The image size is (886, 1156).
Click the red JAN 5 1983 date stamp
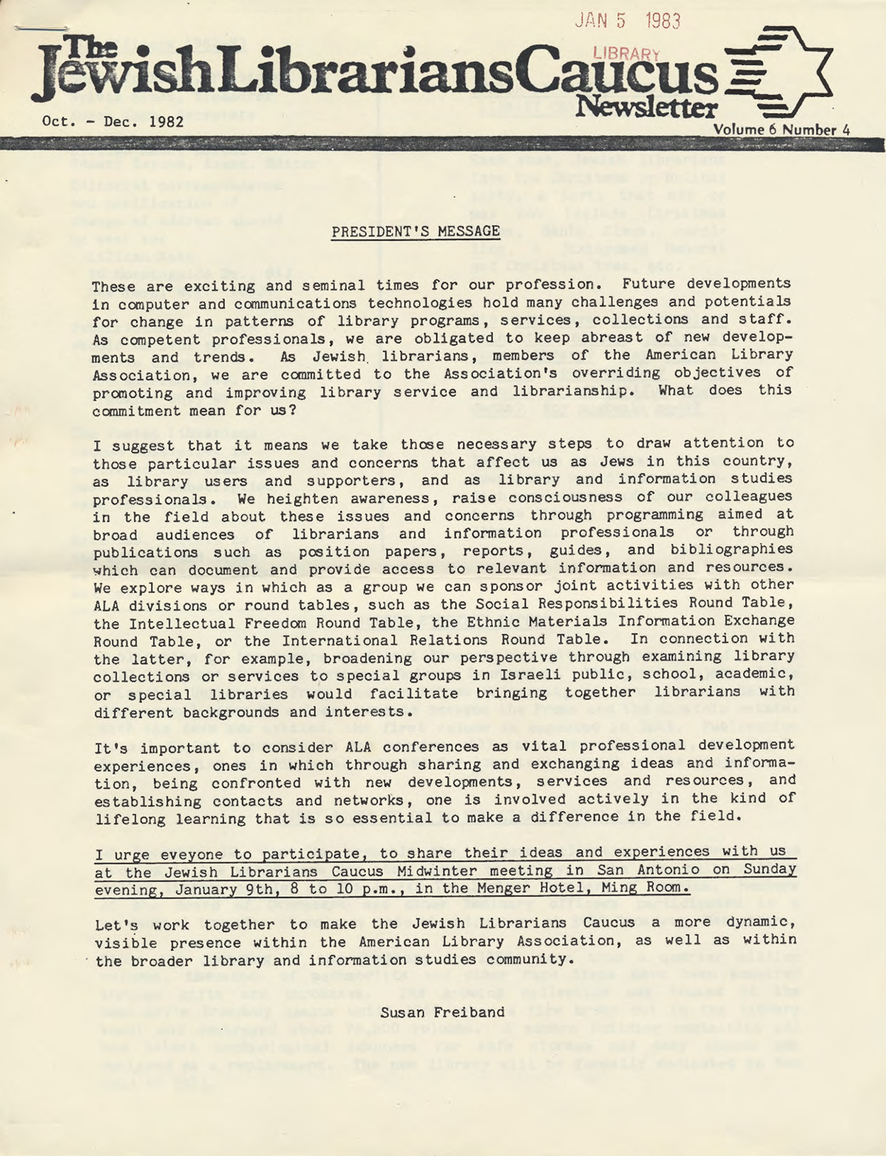click(x=627, y=21)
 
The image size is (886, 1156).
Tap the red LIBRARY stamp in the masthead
click(x=626, y=53)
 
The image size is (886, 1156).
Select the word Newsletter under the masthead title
click(x=646, y=108)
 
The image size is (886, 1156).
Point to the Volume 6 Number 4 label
click(x=781, y=130)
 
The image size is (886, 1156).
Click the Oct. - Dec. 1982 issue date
click(x=112, y=121)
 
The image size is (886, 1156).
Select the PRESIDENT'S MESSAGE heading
click(x=416, y=232)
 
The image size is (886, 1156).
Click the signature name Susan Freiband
click(x=442, y=1012)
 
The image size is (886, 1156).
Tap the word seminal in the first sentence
click(x=310, y=285)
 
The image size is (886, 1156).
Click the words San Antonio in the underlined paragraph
click(x=653, y=870)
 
